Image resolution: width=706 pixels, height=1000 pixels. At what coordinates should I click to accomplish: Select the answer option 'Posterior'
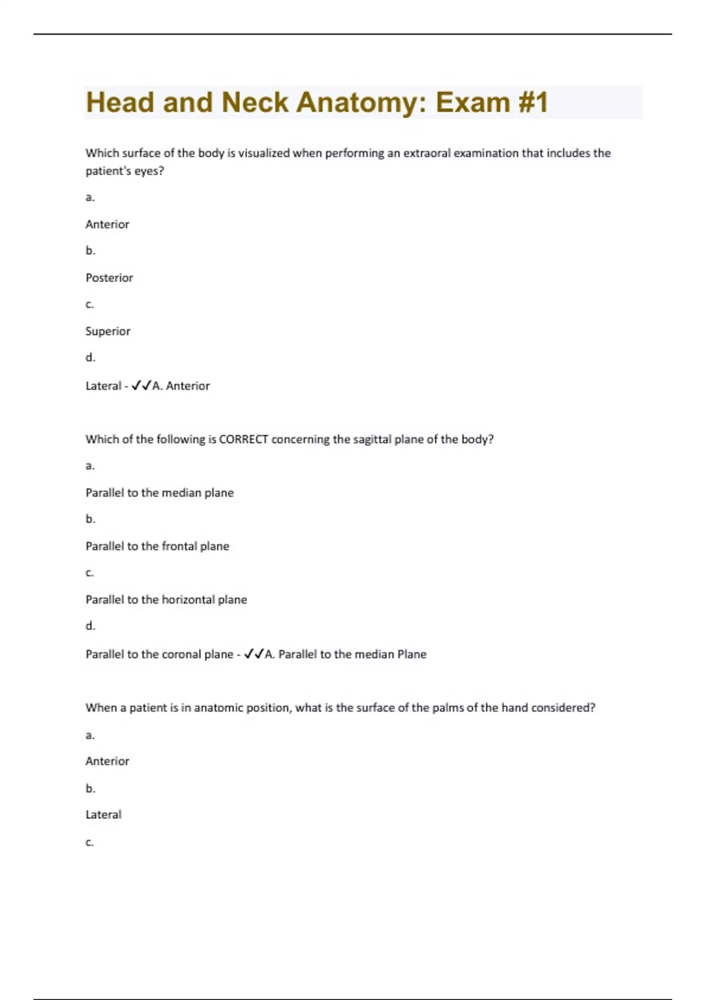tap(109, 278)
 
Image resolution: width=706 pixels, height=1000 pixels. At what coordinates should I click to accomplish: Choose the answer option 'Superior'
tap(108, 331)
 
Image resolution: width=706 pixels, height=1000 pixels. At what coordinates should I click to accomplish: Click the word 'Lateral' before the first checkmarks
tap(104, 386)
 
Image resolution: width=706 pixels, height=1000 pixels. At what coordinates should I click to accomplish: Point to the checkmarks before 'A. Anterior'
tap(141, 386)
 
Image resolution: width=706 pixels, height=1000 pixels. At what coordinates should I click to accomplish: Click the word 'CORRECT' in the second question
tap(244, 439)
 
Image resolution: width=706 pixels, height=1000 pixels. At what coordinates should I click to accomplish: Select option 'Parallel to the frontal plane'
tap(157, 546)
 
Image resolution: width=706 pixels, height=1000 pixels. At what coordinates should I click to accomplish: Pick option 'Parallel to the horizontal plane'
tap(166, 600)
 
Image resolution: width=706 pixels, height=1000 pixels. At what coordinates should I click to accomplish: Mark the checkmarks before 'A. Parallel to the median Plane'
tap(254, 654)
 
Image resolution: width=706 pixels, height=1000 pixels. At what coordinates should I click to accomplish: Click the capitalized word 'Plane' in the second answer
tap(412, 654)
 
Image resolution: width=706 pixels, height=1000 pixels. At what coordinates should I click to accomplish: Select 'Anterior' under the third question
tap(107, 761)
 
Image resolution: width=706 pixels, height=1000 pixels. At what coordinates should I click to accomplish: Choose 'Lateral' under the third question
tap(104, 815)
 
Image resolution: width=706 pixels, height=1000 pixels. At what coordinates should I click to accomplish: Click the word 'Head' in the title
tap(121, 102)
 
